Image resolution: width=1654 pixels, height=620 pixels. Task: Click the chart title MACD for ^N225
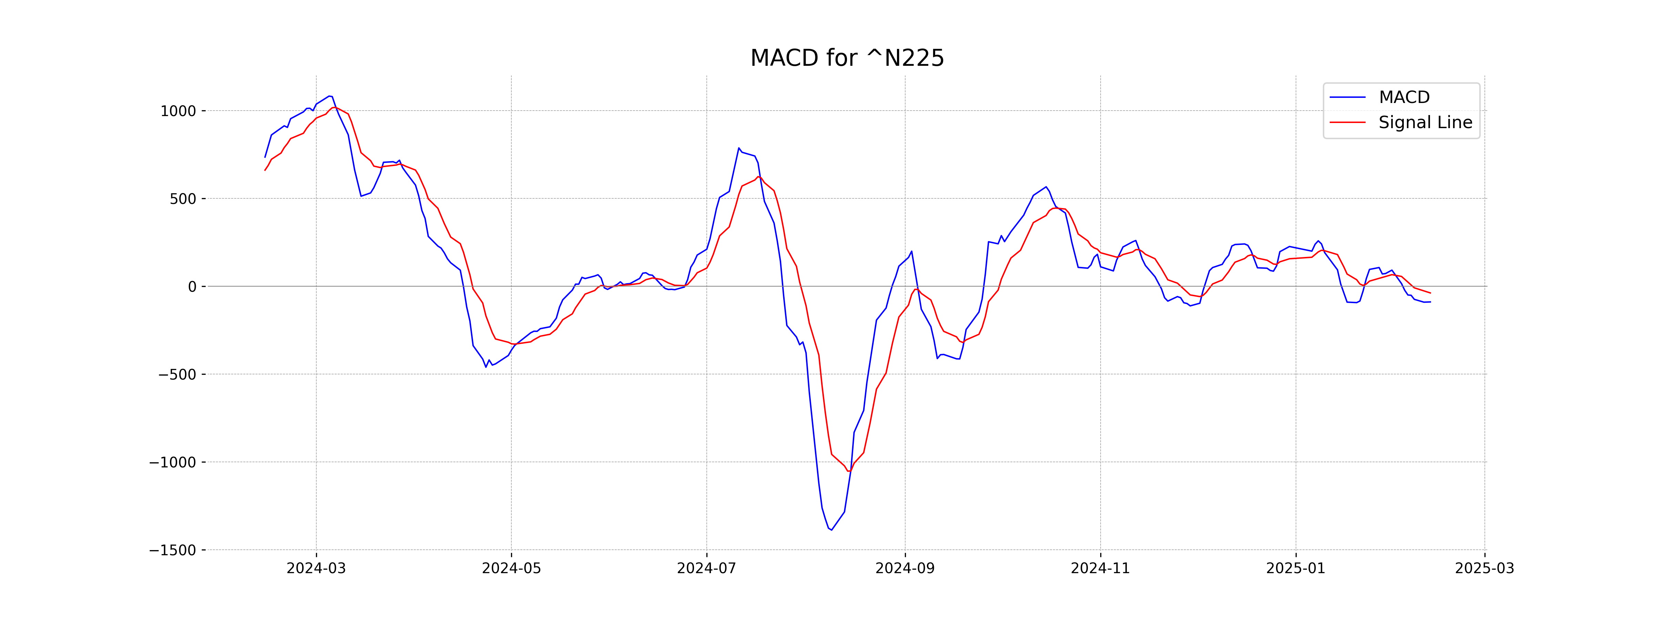coord(847,59)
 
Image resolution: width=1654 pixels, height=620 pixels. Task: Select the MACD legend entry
coord(1403,97)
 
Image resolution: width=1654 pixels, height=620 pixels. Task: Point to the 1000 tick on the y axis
coord(178,111)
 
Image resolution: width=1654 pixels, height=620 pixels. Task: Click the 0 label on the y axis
coord(192,287)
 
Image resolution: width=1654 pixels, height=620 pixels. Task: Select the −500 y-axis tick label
coord(177,375)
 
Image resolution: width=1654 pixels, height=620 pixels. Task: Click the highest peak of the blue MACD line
coord(329,96)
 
